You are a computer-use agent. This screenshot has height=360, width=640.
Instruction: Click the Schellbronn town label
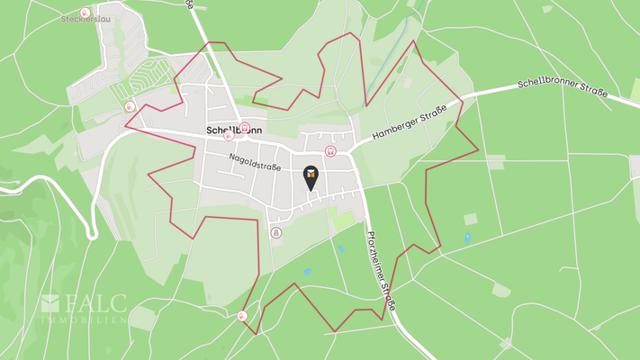[234, 130]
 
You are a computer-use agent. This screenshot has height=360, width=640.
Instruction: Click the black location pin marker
[311, 176]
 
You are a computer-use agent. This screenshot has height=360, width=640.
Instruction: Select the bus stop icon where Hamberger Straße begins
[331, 151]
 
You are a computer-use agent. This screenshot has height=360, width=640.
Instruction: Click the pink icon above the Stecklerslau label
[85, 13]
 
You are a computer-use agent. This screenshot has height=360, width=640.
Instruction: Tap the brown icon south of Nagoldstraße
[275, 232]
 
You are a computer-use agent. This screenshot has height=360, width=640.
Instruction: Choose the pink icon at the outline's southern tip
[242, 316]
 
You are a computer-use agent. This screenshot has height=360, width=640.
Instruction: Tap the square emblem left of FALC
[50, 302]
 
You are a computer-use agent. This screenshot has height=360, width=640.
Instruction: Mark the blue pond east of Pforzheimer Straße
[467, 238]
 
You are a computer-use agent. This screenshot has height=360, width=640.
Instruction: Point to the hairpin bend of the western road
[93, 234]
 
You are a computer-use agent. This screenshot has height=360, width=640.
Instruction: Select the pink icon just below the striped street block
[130, 105]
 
